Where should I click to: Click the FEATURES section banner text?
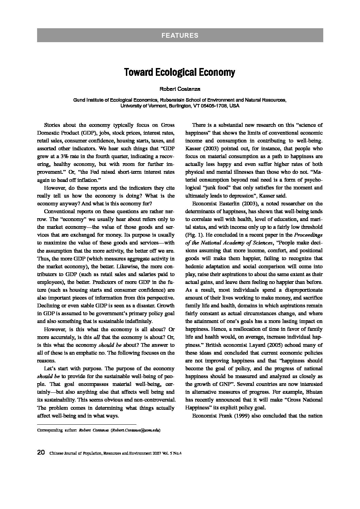point(180,35)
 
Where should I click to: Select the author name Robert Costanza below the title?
point(180,89)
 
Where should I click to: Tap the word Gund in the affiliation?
point(79,100)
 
